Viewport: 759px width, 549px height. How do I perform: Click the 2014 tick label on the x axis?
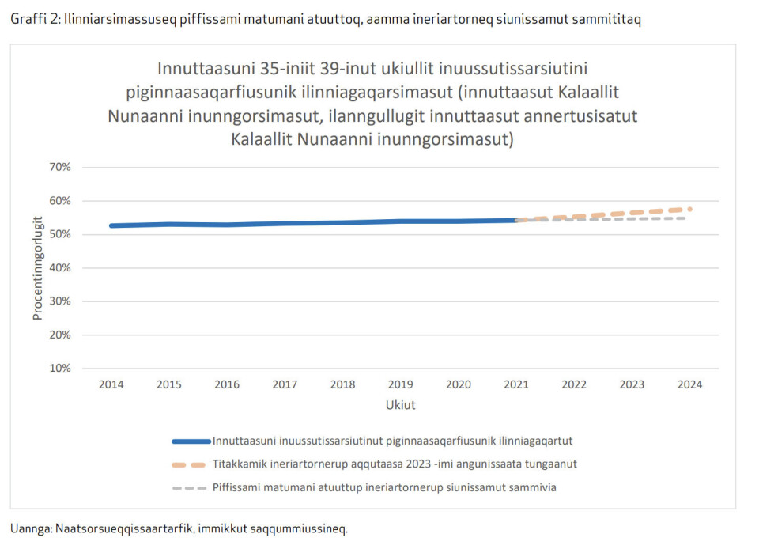[111, 385]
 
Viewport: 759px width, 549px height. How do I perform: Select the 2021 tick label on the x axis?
[516, 385]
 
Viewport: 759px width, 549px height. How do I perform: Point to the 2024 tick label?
[690, 385]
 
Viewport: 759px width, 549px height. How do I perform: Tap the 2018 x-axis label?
[342, 385]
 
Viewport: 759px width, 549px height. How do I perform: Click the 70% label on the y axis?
[60, 167]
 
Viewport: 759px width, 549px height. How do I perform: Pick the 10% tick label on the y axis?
[60, 369]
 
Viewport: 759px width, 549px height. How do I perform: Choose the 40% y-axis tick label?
[60, 268]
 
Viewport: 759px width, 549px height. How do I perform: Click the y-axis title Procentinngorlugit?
[37, 267]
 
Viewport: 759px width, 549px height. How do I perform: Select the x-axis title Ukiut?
[400, 405]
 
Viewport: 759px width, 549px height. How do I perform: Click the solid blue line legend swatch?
[191, 441]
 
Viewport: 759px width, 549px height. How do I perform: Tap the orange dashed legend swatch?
[191, 464]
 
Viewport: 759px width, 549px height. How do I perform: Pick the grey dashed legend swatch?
[191, 488]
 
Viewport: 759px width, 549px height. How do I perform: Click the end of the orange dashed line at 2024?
[690, 209]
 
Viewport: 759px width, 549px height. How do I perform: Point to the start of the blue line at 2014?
[111, 225]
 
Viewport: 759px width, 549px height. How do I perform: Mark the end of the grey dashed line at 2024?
[685, 218]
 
